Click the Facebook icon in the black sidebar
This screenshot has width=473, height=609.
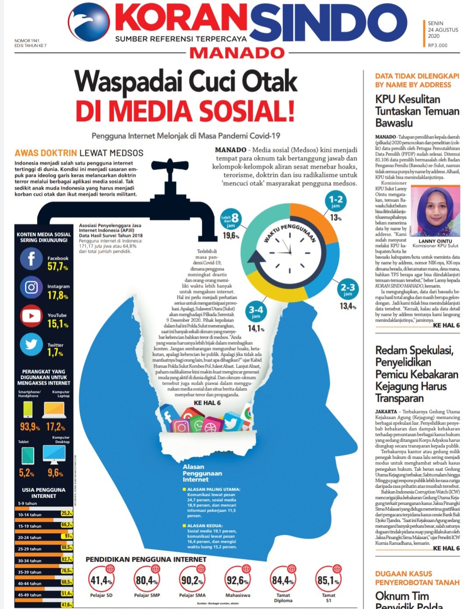(31, 259)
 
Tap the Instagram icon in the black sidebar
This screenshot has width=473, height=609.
(31, 287)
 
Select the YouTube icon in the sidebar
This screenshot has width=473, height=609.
(31, 316)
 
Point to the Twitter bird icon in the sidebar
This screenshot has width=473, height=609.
(31, 345)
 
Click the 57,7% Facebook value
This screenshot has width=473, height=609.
(58, 267)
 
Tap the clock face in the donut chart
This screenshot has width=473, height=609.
(289, 253)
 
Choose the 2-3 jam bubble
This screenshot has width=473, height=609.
(348, 289)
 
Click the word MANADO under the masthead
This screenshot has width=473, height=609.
(237, 53)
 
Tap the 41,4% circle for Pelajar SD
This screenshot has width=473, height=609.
(101, 581)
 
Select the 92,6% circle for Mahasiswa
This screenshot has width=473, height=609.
(237, 581)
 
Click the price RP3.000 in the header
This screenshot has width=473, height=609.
(438, 45)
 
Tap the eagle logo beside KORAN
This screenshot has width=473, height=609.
(89, 22)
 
